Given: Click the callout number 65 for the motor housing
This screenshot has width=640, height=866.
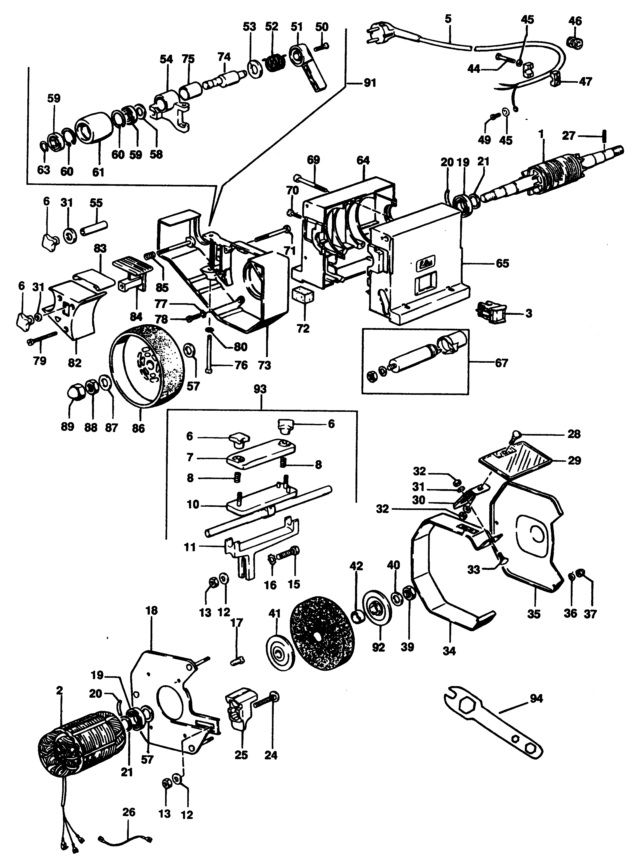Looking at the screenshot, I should pos(502,263).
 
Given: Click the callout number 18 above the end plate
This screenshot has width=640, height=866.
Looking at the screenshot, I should pos(152,611).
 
